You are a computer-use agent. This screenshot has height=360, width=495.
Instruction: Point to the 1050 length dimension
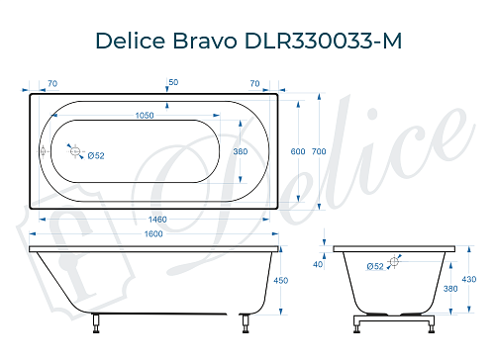click(147, 116)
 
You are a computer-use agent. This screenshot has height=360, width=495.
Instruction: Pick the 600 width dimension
click(297, 151)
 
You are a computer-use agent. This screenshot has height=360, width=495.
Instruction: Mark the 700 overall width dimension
click(318, 151)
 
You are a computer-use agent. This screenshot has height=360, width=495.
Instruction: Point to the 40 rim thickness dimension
click(318, 264)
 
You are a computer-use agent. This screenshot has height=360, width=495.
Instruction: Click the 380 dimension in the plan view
click(239, 151)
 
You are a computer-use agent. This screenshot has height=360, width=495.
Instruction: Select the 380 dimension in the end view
click(450, 289)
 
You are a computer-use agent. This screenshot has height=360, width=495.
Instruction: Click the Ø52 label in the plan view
click(96, 155)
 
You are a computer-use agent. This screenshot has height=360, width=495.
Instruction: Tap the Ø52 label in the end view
click(375, 266)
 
